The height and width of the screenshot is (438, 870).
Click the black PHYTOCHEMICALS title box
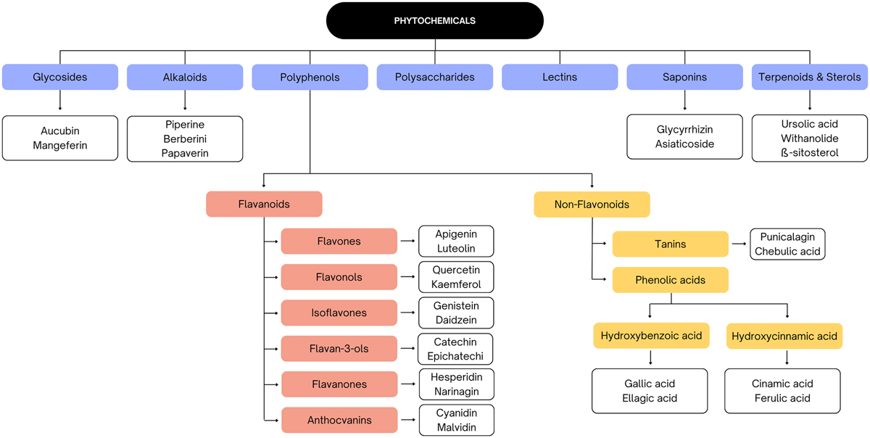point(435,20)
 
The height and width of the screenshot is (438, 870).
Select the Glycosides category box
point(59,77)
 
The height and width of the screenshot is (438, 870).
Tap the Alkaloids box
point(185,77)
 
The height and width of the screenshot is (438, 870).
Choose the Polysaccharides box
point(435,77)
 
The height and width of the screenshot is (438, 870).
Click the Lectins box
point(560,77)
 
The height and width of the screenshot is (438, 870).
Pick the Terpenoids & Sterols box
point(809,77)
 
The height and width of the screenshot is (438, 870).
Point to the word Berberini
point(185,139)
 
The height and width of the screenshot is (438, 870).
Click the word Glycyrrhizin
point(684,129)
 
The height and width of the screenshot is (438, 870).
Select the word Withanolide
point(810,139)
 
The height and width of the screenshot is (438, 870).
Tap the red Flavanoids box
point(264,204)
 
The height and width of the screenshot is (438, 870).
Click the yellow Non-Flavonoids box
point(592,204)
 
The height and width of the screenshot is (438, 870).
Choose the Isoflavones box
point(339,313)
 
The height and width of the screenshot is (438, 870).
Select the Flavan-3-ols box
point(339,349)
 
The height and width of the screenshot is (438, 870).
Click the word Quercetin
point(456,270)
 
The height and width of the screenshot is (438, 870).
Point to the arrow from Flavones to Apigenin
point(408,241)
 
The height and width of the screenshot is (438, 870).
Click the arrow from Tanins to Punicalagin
point(739,244)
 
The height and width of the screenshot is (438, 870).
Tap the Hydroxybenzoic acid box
point(650,336)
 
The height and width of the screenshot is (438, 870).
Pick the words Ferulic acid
point(783,398)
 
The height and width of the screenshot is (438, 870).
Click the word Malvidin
point(456,427)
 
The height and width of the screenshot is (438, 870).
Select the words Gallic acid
point(650,384)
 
